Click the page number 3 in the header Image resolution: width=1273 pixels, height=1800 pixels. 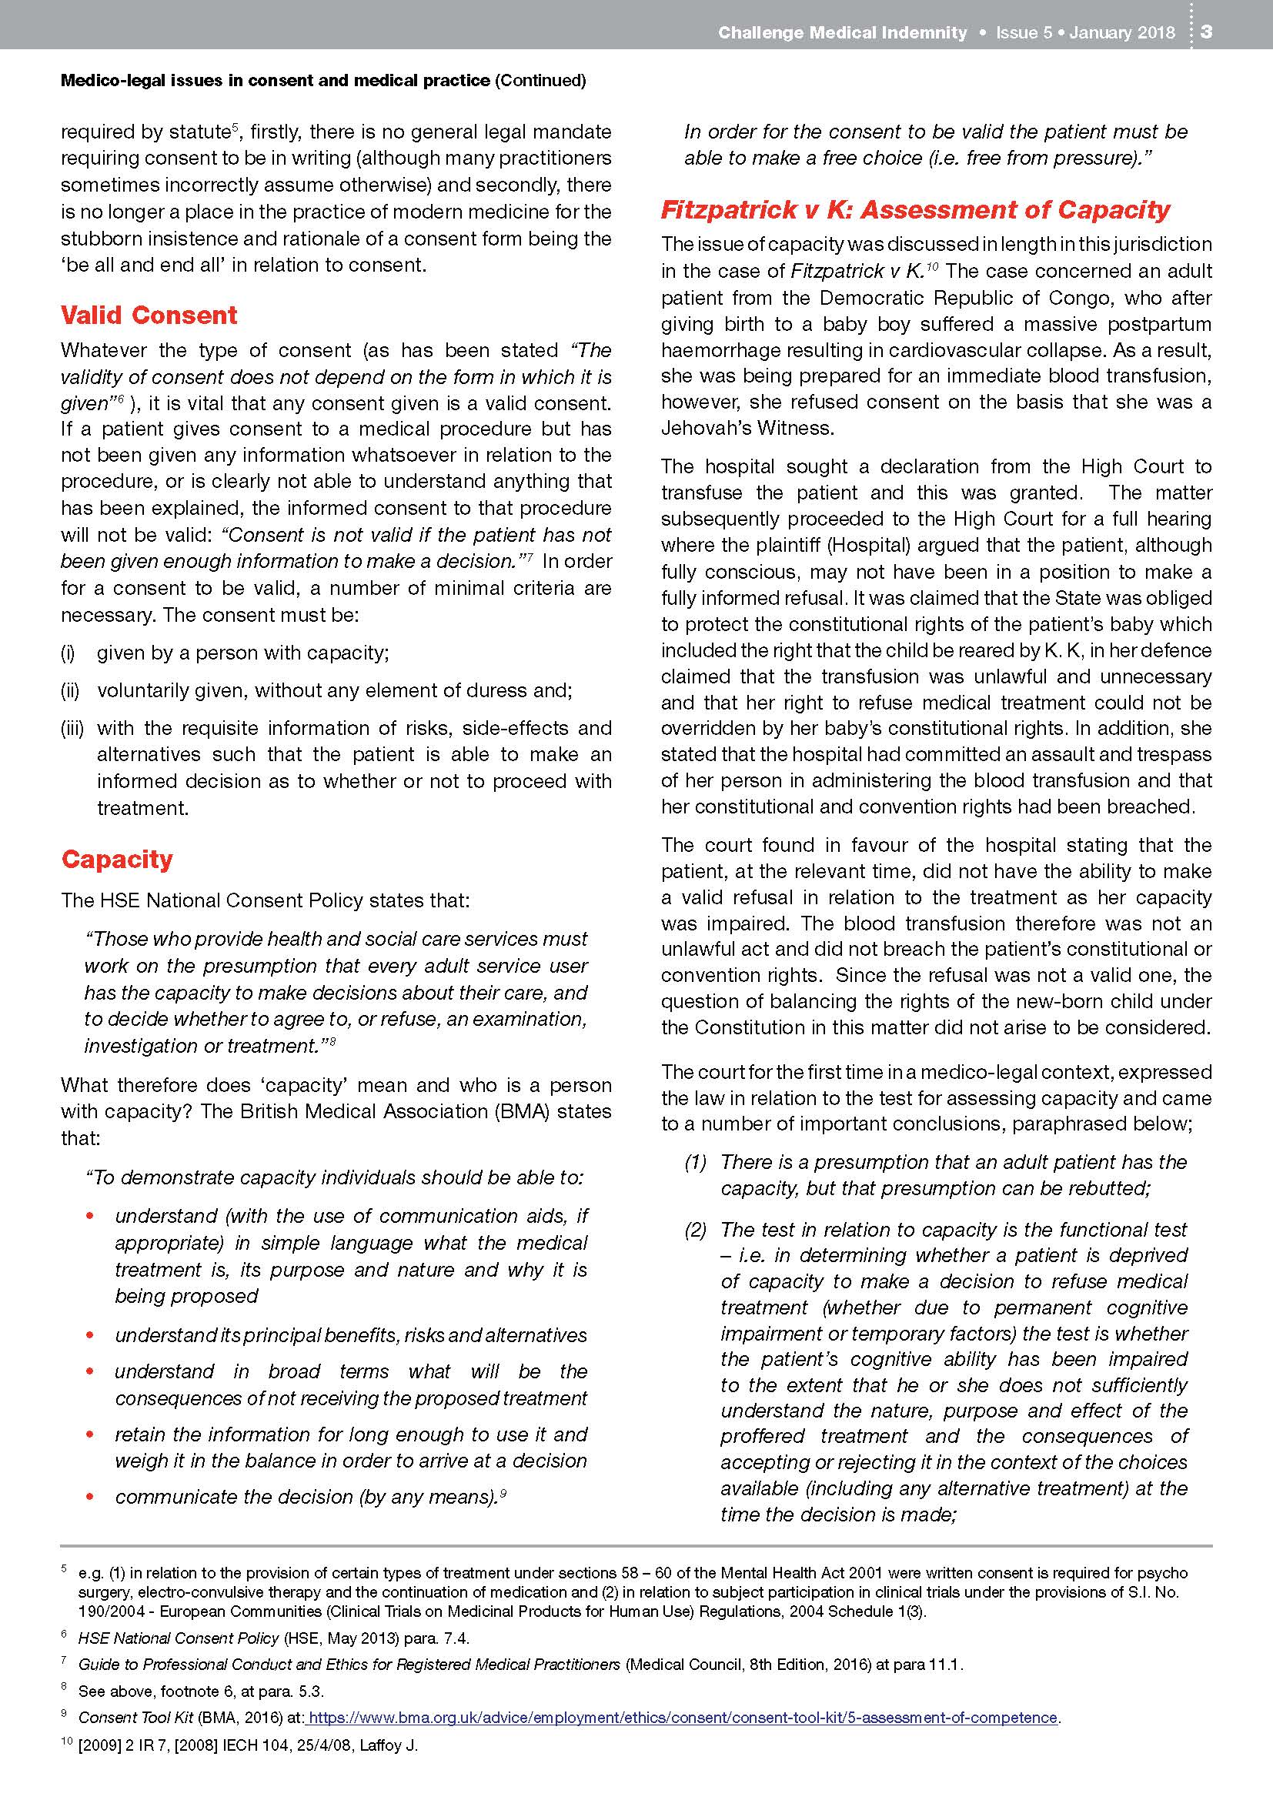(1206, 32)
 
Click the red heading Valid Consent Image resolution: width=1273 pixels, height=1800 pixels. (149, 316)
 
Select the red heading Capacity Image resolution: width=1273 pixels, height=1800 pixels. (117, 860)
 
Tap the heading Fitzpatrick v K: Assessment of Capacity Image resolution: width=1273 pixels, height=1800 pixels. (915, 210)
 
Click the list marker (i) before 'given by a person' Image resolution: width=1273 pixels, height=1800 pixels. (68, 653)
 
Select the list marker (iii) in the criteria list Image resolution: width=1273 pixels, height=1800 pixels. (72, 728)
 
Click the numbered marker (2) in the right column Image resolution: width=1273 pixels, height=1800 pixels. (695, 1229)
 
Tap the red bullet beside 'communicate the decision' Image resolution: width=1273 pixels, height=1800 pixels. (90, 1497)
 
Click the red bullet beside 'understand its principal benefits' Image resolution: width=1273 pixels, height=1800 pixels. (90, 1335)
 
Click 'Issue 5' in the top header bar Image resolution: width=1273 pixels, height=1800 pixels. (1024, 32)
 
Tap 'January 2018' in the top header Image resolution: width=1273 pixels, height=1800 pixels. (1121, 32)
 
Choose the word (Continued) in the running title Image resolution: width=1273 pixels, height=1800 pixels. (541, 80)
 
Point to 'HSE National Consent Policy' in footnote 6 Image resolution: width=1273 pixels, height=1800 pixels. (179, 1638)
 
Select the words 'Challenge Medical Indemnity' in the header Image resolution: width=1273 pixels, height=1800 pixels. (843, 32)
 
